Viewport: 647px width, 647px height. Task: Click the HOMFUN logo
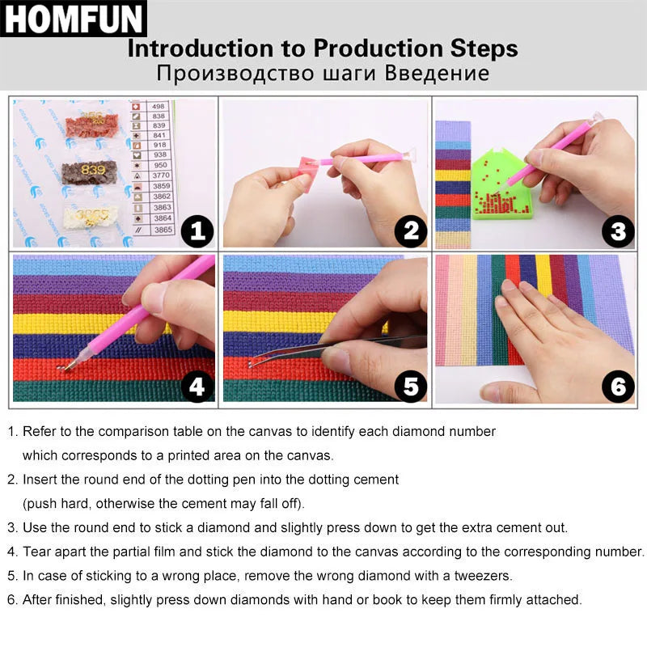[74, 19]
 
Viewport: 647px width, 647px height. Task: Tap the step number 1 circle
[197, 232]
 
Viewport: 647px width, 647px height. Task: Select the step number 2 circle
[411, 232]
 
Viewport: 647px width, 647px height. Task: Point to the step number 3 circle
[618, 232]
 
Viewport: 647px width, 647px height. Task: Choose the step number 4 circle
[197, 387]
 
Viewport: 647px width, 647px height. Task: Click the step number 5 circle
[411, 387]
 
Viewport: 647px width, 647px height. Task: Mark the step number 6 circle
[618, 387]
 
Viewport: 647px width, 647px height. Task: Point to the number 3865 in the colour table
[163, 230]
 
